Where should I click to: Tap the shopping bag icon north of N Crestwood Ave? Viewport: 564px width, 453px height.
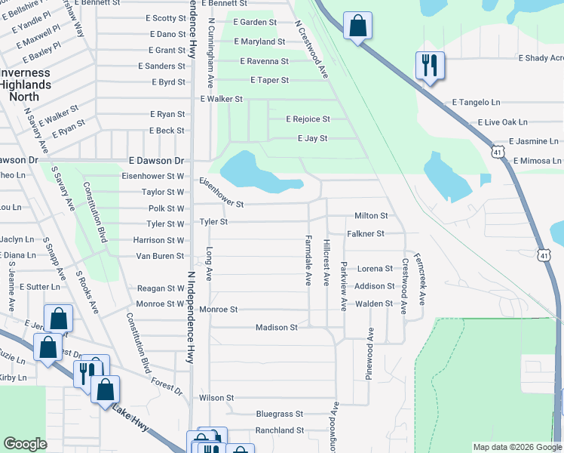[357, 25]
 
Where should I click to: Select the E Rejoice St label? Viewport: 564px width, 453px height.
[308, 119]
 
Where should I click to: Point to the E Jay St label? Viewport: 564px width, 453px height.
[312, 138]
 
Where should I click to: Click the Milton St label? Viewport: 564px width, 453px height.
[372, 216]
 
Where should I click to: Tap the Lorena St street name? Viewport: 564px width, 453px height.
[375, 268]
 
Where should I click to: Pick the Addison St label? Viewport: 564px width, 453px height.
[375, 286]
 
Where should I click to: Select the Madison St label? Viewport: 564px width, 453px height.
[277, 327]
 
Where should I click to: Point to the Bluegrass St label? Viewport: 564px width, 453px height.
[279, 414]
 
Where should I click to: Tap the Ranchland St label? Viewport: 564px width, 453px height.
[279, 430]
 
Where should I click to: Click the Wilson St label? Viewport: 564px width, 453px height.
[216, 397]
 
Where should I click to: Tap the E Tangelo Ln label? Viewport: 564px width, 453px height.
[476, 102]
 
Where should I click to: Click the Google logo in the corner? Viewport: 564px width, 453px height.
[25, 444]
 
